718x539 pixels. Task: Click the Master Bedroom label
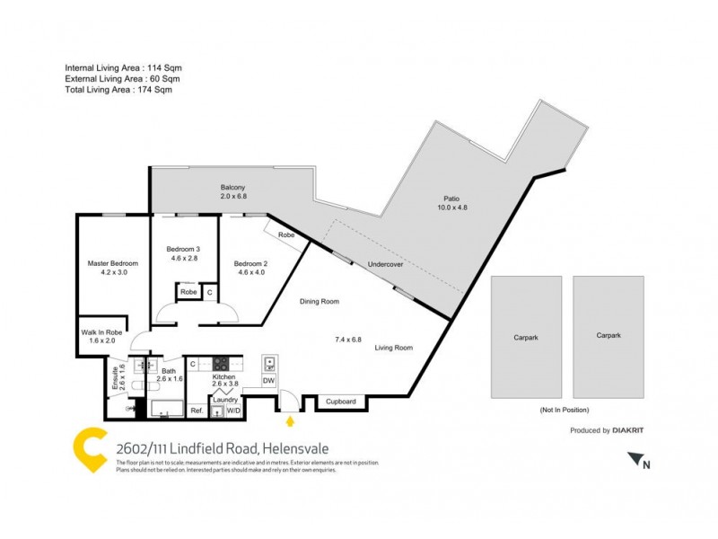[112, 263]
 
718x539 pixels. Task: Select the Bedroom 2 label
[250, 263]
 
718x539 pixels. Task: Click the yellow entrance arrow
[289, 420]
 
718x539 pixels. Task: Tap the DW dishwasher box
[268, 381]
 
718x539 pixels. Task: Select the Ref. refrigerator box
[197, 411]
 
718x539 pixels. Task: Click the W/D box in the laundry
[233, 411]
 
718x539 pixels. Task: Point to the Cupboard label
[341, 402]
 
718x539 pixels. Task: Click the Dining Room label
[319, 302]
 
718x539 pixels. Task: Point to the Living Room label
[394, 347]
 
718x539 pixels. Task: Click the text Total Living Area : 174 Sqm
[118, 90]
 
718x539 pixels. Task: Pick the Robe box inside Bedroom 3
[188, 292]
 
